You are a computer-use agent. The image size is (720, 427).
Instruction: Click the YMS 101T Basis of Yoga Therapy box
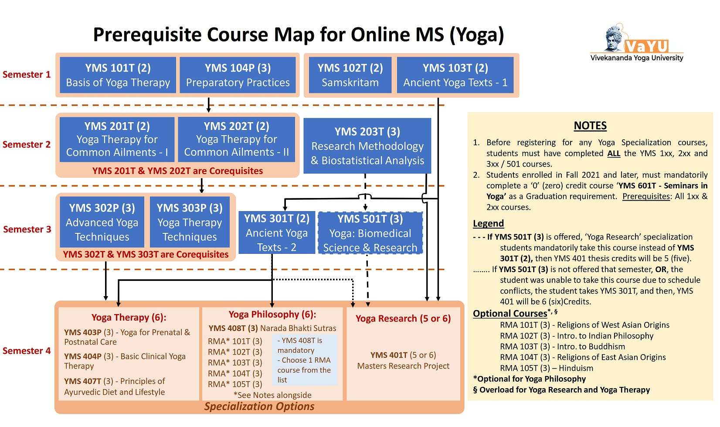pyautogui.click(x=118, y=75)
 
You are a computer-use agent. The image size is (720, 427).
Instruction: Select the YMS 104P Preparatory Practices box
pyautogui.click(x=238, y=75)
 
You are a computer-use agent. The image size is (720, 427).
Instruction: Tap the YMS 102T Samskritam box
pyautogui.click(x=350, y=75)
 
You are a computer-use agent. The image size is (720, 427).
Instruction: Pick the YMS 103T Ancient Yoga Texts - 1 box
pyautogui.click(x=455, y=75)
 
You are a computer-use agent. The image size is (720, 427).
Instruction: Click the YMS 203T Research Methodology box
pyautogui.click(x=367, y=146)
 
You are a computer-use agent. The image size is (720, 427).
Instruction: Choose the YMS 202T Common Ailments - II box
pyautogui.click(x=236, y=139)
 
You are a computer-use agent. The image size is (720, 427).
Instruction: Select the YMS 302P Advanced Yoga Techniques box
pyautogui.click(x=102, y=222)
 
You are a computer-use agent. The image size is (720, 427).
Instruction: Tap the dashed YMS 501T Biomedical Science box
pyautogui.click(x=370, y=233)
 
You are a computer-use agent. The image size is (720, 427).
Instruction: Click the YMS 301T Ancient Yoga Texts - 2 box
pyautogui.click(x=276, y=233)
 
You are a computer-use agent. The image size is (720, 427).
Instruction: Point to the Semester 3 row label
pyautogui.click(x=27, y=229)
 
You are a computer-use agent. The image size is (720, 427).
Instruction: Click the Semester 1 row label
pyautogui.click(x=27, y=75)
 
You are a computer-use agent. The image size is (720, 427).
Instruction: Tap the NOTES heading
pyautogui.click(x=590, y=126)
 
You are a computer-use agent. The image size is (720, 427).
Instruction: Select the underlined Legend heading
pyautogui.click(x=488, y=223)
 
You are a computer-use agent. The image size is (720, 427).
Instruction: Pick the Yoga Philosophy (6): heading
pyautogui.click(x=272, y=314)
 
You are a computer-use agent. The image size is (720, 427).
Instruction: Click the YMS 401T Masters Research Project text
pyautogui.click(x=403, y=360)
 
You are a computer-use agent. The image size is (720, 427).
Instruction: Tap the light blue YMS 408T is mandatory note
pyautogui.click(x=304, y=360)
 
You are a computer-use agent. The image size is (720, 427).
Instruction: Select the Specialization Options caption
pyautogui.click(x=259, y=407)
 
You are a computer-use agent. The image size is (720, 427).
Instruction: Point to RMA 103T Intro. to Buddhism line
pyautogui.click(x=562, y=346)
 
